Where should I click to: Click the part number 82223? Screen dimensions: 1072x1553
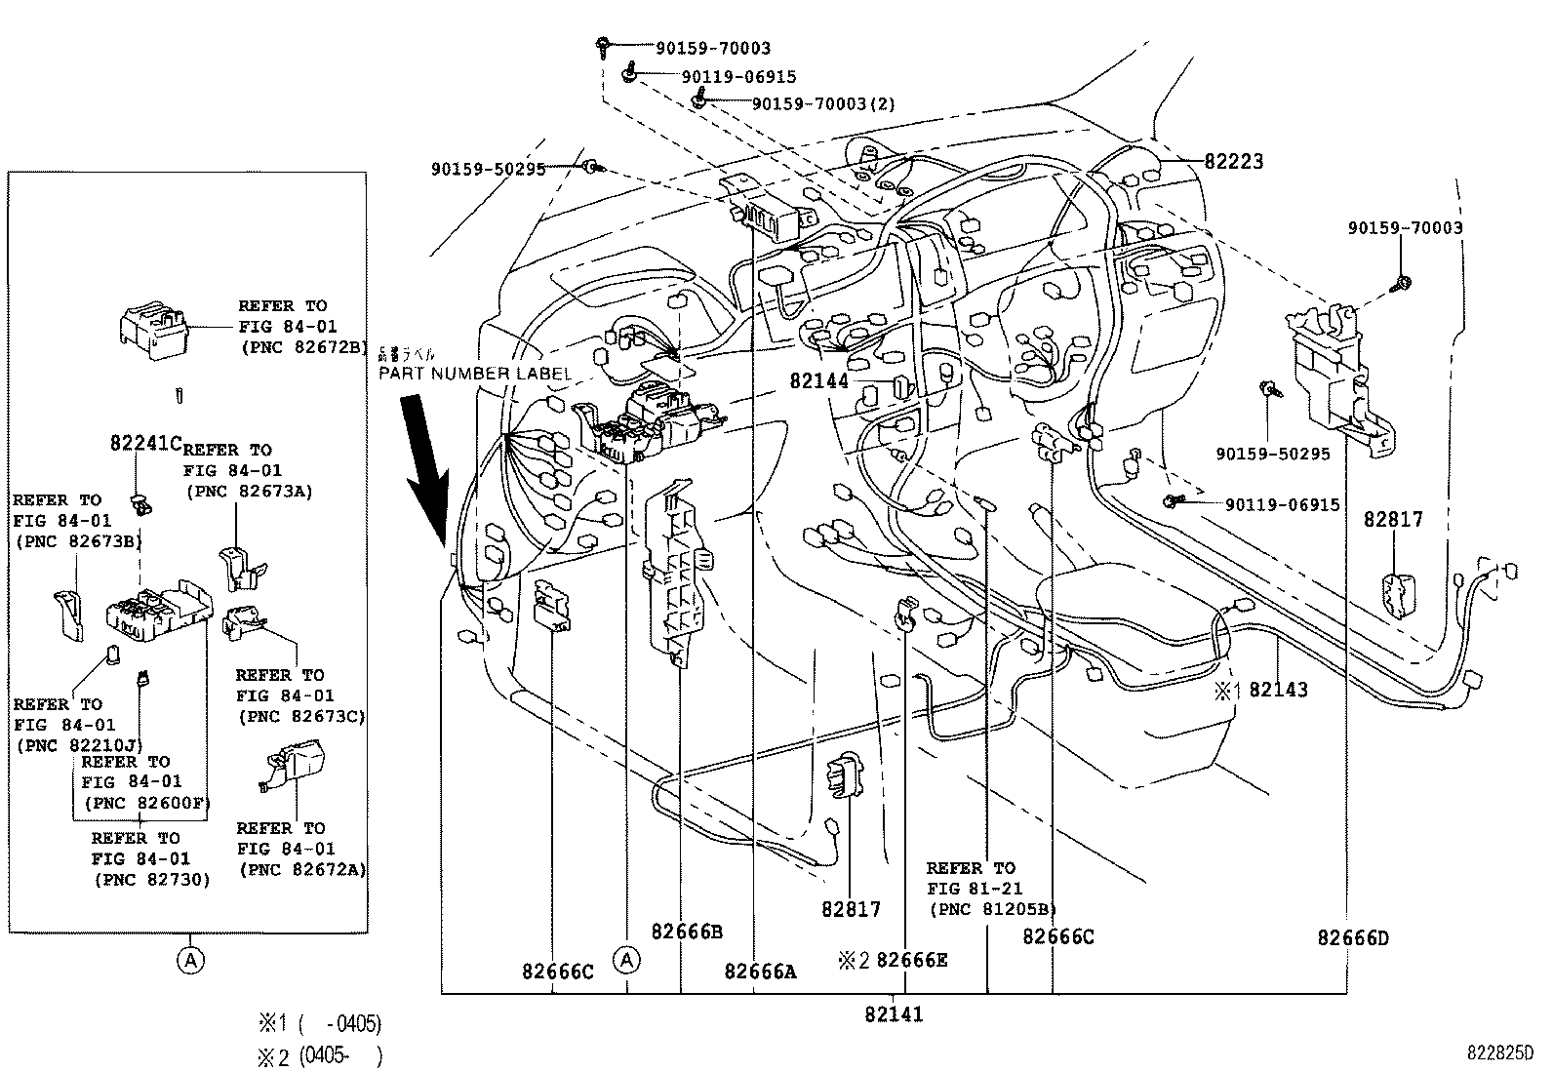tap(1233, 162)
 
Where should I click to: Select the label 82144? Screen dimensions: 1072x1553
tap(819, 381)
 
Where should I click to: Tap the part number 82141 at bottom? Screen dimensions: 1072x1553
tap(893, 1014)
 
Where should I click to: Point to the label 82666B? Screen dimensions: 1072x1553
tap(687, 932)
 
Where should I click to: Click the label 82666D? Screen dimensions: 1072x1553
tap(1352, 938)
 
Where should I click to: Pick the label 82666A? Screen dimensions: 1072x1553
tap(760, 971)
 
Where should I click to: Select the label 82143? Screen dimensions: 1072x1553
tap(1278, 690)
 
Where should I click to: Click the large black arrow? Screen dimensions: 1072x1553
tap(426, 467)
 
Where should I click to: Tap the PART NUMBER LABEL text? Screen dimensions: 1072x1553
tap(474, 374)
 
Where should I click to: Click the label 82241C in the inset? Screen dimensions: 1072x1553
tap(145, 444)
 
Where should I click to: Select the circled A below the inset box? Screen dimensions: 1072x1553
tap(190, 961)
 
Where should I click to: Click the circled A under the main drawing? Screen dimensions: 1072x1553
tap(627, 960)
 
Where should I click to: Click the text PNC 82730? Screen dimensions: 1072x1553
tap(151, 879)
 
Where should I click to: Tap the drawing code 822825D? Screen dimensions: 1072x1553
tap(1499, 1053)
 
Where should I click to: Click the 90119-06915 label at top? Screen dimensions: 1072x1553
tap(738, 77)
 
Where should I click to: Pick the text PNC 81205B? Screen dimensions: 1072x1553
tap(992, 909)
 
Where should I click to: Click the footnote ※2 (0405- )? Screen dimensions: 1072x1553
tap(319, 1056)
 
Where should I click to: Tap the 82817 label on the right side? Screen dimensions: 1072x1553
tap(1393, 520)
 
